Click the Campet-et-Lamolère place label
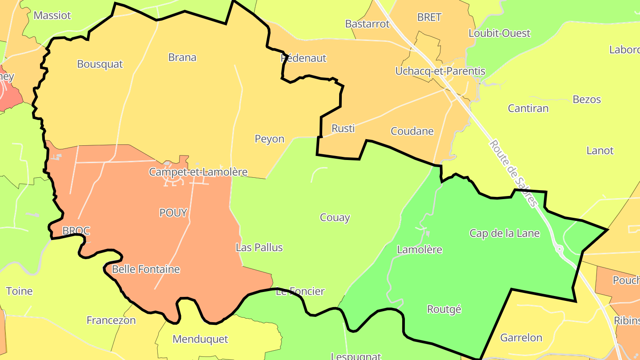click(198, 172)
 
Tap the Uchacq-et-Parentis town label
click(440, 71)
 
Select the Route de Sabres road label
click(513, 173)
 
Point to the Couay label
click(335, 218)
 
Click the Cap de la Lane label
click(504, 233)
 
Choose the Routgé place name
click(444, 309)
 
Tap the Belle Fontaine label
click(146, 269)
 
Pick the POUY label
click(173, 213)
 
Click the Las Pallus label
click(259, 248)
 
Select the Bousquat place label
click(100, 64)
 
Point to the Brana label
click(182, 57)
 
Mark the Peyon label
click(269, 139)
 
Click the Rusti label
click(343, 128)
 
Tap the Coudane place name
click(412, 131)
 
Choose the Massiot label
click(52, 16)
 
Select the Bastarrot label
click(367, 24)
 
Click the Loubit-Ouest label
click(499, 33)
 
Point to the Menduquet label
click(200, 339)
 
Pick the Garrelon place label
click(521, 338)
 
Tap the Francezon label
click(111, 320)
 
